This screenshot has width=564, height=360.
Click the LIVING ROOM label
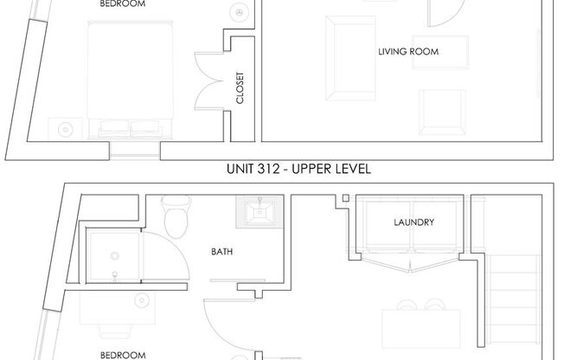[x=408, y=52]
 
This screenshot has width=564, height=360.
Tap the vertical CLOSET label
[x=240, y=88]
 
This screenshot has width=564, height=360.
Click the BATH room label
[x=221, y=253]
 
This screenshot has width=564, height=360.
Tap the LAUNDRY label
[x=413, y=222]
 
